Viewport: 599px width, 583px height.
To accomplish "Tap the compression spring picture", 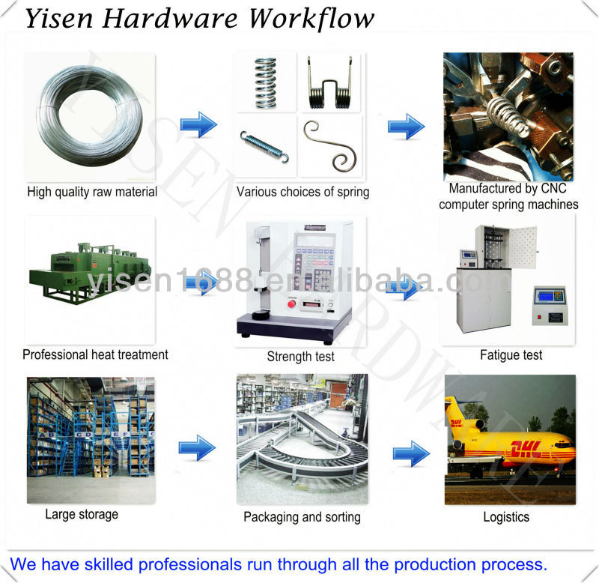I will [x=265, y=82].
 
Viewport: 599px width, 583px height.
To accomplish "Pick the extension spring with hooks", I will [x=264, y=145].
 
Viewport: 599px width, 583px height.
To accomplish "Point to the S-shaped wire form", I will [x=330, y=146].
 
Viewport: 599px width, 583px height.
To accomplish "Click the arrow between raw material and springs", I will [x=198, y=124].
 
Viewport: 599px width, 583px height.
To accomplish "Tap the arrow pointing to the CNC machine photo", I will [x=406, y=126].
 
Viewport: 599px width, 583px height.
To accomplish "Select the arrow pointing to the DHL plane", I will [x=411, y=453].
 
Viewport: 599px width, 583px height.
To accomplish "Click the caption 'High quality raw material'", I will [x=92, y=192].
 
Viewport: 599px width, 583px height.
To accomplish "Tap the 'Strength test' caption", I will [x=300, y=357].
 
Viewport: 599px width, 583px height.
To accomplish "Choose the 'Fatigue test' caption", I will [x=511, y=354].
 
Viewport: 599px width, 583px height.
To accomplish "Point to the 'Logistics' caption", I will [x=506, y=517].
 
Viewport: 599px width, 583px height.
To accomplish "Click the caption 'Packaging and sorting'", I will [x=302, y=517].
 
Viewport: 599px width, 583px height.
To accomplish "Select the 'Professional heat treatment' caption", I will [x=95, y=354].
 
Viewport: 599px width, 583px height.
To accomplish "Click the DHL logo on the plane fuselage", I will [x=525, y=450].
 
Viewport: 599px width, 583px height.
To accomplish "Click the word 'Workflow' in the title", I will [x=311, y=19].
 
